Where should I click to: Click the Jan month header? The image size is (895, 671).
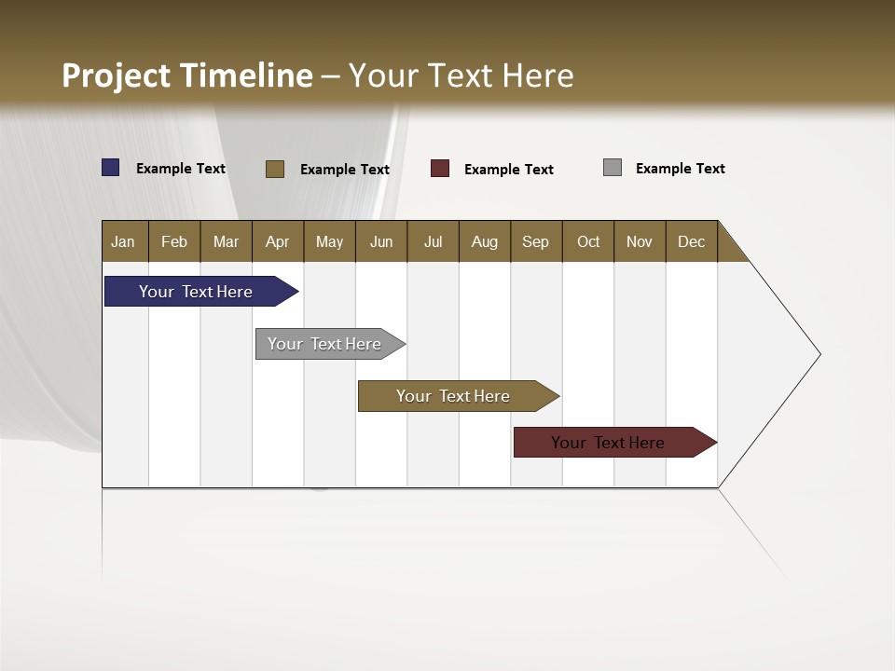[123, 241]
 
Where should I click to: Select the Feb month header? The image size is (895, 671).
[174, 241]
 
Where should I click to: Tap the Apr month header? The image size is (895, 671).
[277, 241]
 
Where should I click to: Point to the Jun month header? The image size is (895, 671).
[381, 241]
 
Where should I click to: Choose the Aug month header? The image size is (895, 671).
[484, 241]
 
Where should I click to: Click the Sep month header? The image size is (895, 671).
[535, 241]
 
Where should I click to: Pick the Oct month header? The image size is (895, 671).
[588, 241]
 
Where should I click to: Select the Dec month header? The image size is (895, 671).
[691, 241]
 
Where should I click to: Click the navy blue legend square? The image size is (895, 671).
[111, 168]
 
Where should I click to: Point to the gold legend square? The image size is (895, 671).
[275, 169]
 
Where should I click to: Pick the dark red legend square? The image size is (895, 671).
[440, 169]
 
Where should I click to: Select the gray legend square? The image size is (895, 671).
[613, 168]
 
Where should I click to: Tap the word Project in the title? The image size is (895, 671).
[117, 75]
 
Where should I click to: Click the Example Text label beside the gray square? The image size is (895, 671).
[680, 169]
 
